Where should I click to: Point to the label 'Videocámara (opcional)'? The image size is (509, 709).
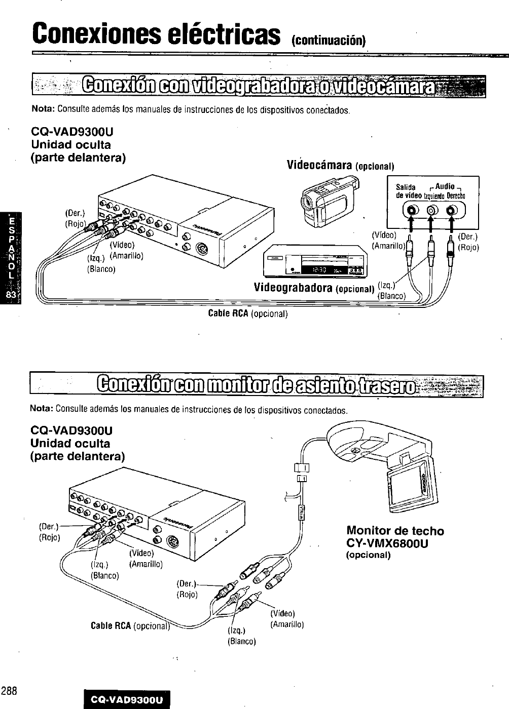[x=340, y=166]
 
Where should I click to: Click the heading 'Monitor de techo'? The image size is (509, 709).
[x=395, y=531]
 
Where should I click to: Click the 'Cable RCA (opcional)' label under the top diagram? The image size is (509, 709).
[x=248, y=313]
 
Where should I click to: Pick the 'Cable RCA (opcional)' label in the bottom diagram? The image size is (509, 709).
[x=129, y=626]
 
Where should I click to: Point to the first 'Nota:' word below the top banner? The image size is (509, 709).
[x=43, y=109]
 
